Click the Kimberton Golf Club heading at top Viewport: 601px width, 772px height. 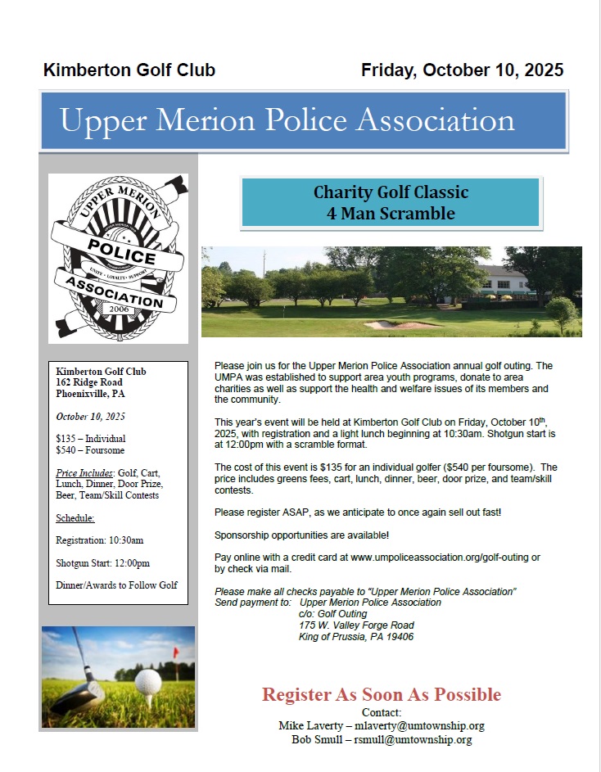pyautogui.click(x=129, y=70)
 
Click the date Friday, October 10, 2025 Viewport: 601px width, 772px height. pyautogui.click(x=462, y=70)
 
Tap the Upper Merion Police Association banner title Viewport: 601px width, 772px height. pyautogui.click(x=287, y=120)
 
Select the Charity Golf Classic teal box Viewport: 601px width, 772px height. pyautogui.click(x=391, y=203)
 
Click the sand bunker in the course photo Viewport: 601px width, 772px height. pyautogui.click(x=391, y=325)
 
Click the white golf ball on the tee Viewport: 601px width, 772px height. pyautogui.click(x=148, y=681)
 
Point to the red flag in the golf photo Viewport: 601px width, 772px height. pyautogui.click(x=174, y=652)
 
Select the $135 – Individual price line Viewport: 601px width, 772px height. pyautogui.click(x=91, y=439)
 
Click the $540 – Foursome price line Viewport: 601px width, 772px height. pyautogui.click(x=90, y=450)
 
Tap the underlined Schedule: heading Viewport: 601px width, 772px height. pyautogui.click(x=75, y=518)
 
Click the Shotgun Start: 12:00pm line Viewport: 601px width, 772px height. pyautogui.click(x=102, y=563)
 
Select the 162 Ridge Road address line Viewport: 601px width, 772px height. pyautogui.click(x=89, y=382)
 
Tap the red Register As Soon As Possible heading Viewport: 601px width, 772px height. pyautogui.click(x=381, y=695)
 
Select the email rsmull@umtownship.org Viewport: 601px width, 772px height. pyautogui.click(x=413, y=739)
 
